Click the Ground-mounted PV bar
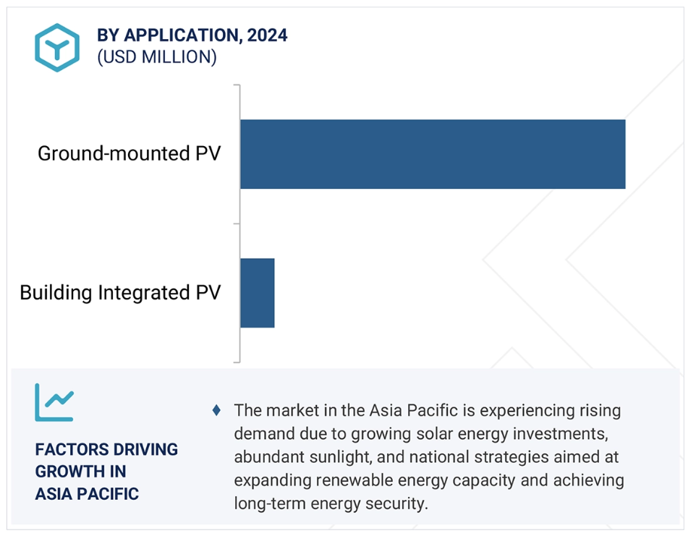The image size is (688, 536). (x=433, y=154)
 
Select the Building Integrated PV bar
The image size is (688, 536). (x=258, y=293)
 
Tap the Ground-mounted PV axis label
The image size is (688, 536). (x=129, y=153)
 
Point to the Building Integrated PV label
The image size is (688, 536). (x=120, y=292)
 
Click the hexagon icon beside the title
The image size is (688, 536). (x=57, y=47)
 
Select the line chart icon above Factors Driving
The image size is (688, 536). (x=54, y=402)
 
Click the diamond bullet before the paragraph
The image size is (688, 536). (x=216, y=410)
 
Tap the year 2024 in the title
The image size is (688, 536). (x=267, y=35)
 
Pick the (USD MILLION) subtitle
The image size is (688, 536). (x=157, y=57)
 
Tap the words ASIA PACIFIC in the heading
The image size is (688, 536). (x=87, y=494)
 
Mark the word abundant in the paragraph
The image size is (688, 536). (x=268, y=457)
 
